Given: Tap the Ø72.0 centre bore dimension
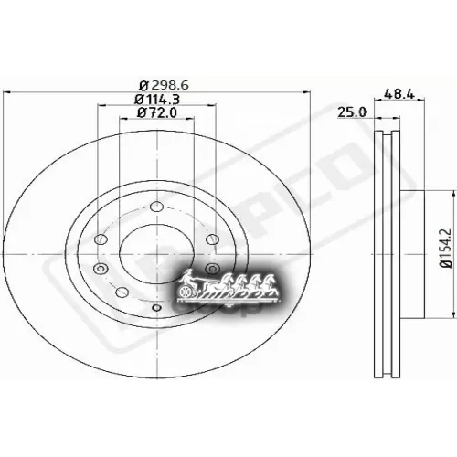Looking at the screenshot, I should click(x=156, y=112).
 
